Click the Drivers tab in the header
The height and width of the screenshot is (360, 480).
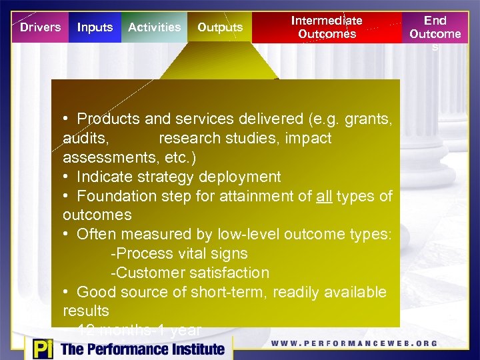coord(40,27)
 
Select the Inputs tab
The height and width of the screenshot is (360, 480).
coord(95,27)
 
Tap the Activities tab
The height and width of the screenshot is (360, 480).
coord(154,27)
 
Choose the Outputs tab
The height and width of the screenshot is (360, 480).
coord(220,27)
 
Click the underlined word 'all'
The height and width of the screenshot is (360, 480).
coord(324,196)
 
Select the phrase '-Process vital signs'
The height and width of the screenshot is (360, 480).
coord(179,254)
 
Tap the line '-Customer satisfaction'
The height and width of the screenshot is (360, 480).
coord(189,273)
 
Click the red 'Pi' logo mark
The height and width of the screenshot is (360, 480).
coord(40,349)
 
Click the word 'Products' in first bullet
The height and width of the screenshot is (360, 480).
coord(108,119)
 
